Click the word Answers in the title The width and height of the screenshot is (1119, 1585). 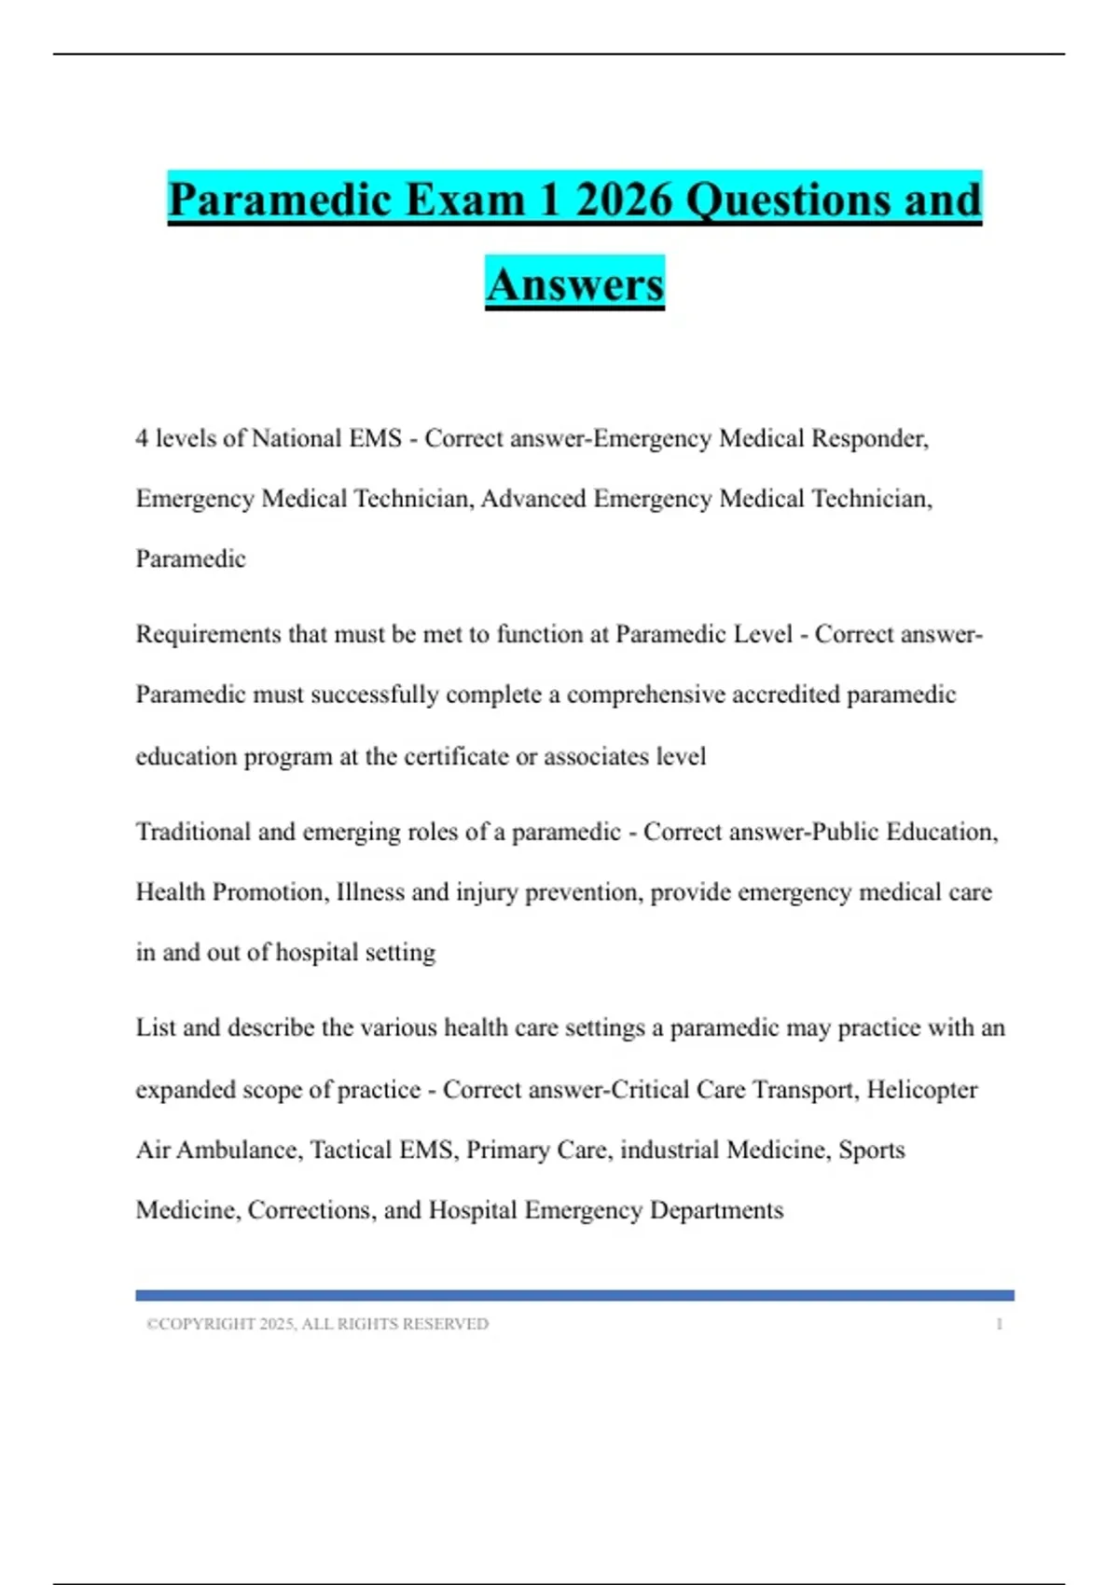coord(574,283)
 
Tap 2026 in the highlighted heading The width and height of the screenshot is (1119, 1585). coord(623,200)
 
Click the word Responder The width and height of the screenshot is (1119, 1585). coord(869,438)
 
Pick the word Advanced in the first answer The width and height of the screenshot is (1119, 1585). coord(533,499)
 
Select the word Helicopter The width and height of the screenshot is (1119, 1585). coord(921,1089)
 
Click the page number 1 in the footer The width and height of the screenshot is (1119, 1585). coord(999,1324)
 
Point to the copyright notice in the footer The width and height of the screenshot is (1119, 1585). coord(317,1324)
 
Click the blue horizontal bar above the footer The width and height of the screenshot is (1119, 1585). coord(574,1295)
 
